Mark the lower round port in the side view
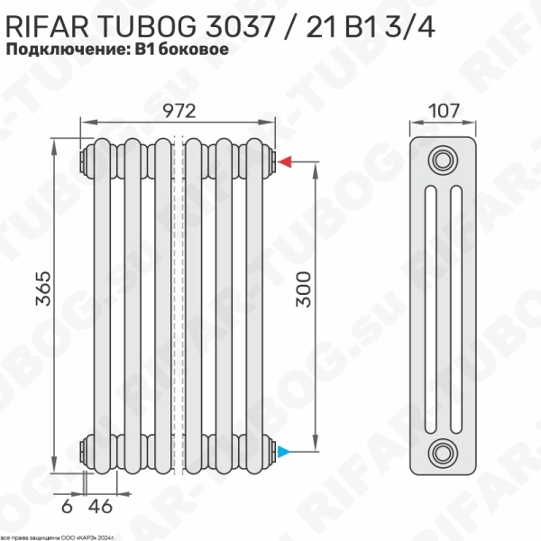(442, 451)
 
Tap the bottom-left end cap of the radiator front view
(85, 451)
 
